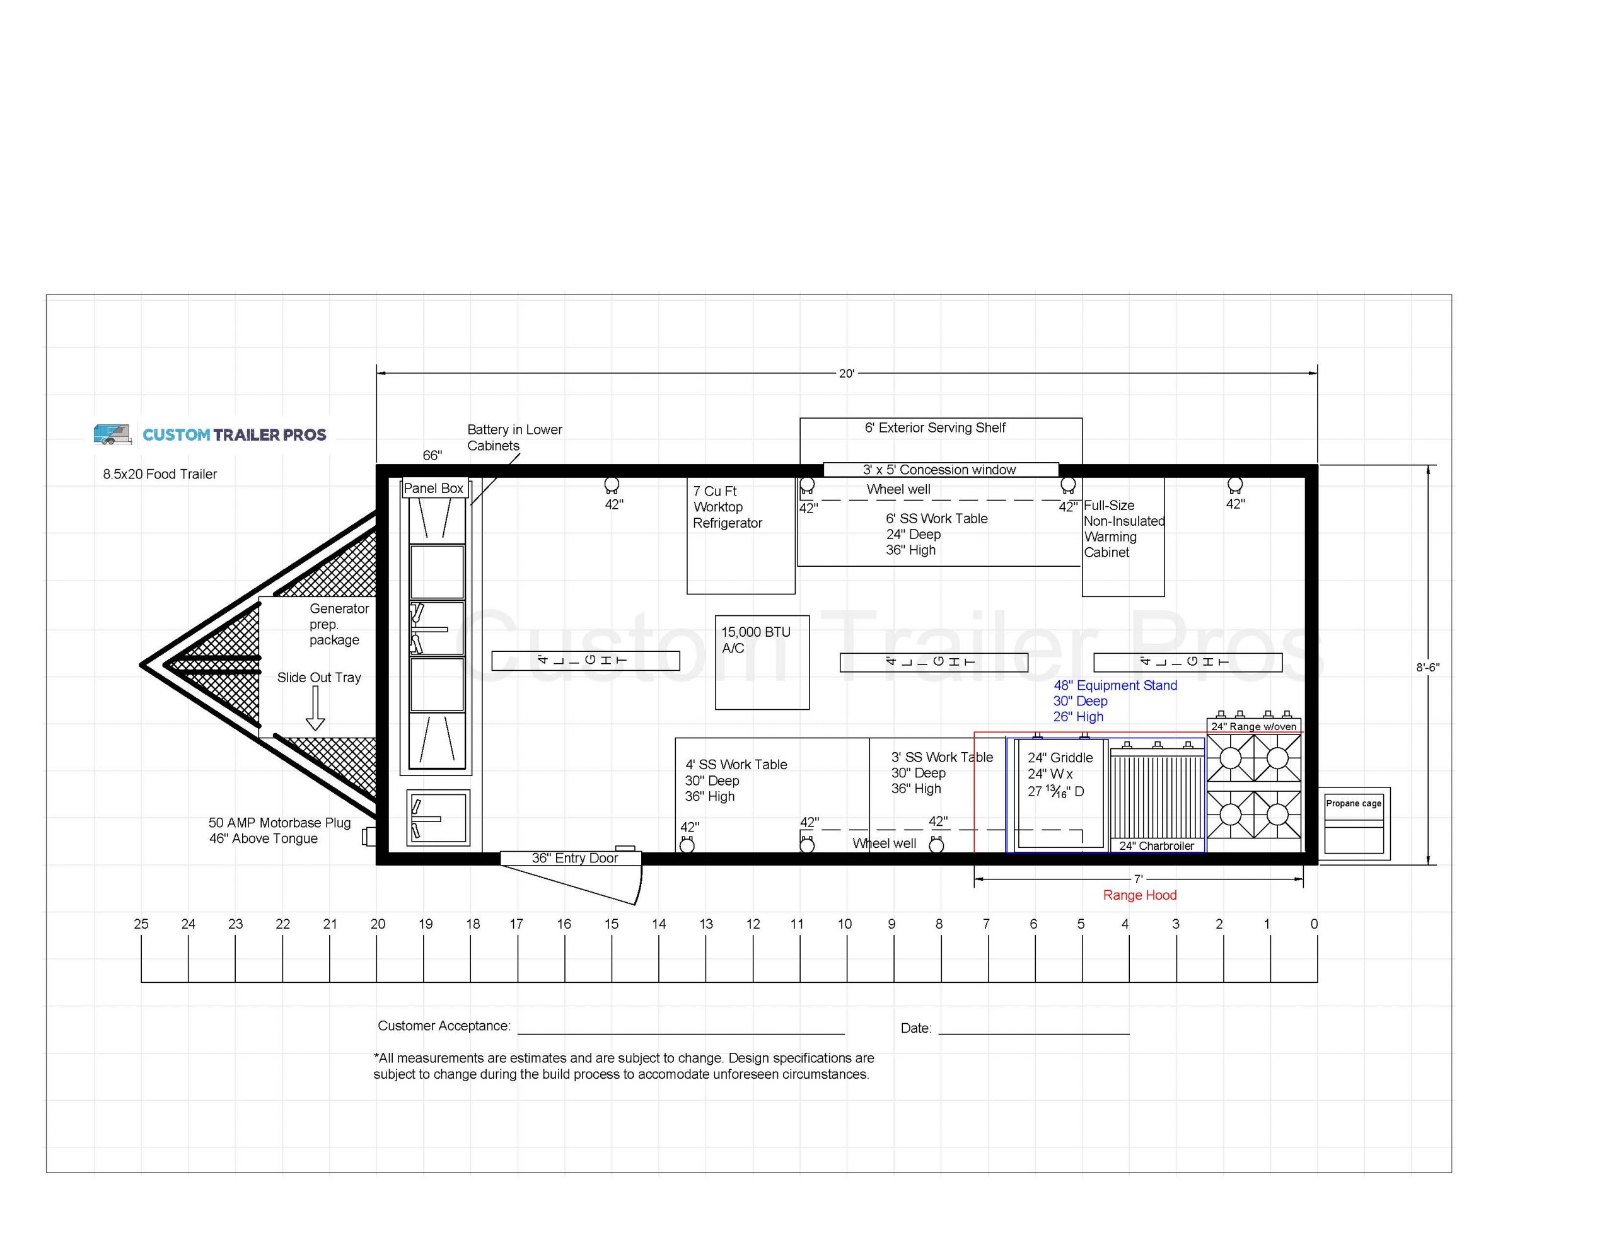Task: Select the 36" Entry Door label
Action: coord(574,858)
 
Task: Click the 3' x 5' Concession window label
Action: coord(939,470)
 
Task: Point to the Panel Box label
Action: coord(433,489)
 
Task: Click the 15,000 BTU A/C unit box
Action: coord(761,663)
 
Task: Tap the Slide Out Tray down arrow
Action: coord(316,708)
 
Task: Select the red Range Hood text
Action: coord(1139,895)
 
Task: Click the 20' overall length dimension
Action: coord(846,373)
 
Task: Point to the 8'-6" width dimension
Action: coord(1427,668)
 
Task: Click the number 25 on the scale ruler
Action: coord(141,924)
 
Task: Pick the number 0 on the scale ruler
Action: coord(1314,924)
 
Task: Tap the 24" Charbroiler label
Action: coord(1156,845)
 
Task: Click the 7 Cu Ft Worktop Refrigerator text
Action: coord(727,507)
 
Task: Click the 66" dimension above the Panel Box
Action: coord(433,455)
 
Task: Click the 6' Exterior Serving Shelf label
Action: coord(935,427)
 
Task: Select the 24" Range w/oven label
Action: coord(1253,727)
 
